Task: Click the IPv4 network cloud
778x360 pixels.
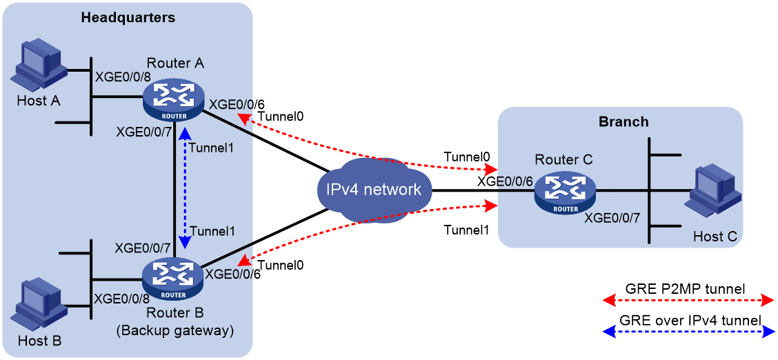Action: [374, 190]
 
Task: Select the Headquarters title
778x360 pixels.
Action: [128, 19]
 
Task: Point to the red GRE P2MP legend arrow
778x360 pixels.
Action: [689, 300]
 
